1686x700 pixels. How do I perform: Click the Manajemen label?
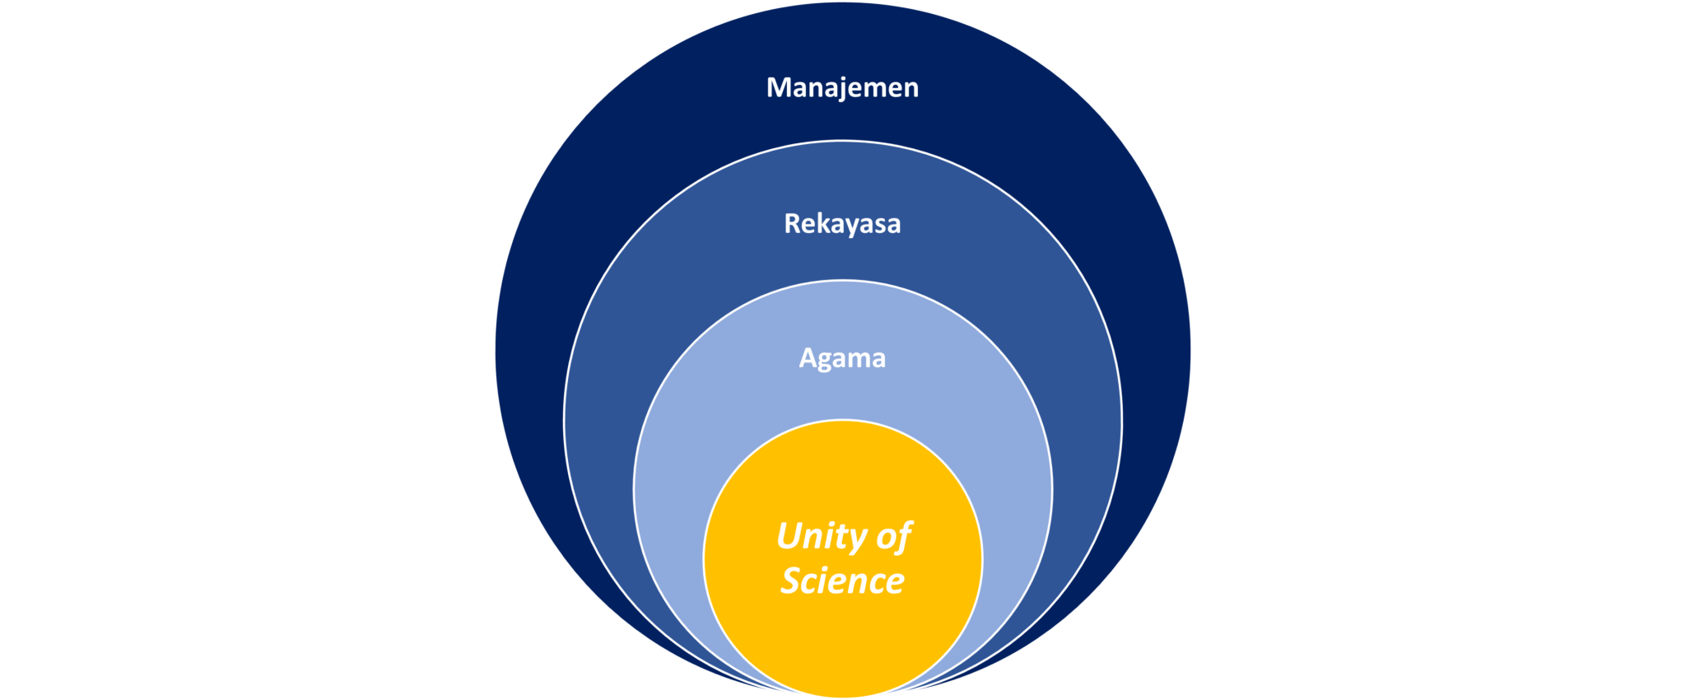click(x=842, y=87)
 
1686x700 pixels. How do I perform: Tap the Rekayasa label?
click(x=842, y=223)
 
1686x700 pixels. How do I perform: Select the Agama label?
click(x=842, y=358)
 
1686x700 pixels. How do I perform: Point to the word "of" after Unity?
click(x=894, y=537)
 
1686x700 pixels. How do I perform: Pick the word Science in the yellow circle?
click(x=842, y=581)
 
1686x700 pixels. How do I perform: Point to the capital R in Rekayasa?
click(x=792, y=223)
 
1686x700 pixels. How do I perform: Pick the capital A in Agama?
click(x=808, y=357)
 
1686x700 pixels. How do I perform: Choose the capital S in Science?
click(x=792, y=581)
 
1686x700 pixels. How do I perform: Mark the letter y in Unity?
click(x=856, y=540)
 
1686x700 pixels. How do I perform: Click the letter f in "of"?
click(x=904, y=537)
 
